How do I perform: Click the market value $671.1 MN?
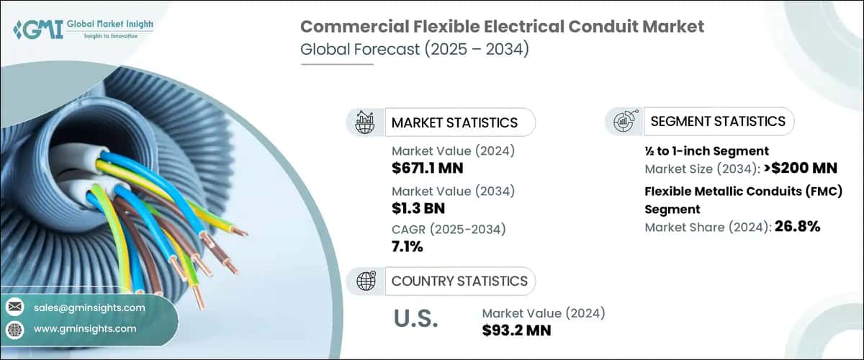coord(427,168)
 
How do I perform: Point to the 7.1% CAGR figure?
coord(408,247)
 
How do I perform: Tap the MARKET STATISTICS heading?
coord(454,122)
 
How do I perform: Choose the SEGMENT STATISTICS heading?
coord(718,121)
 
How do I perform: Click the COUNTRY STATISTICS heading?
coord(459,281)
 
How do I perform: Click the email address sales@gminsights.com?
coord(89,307)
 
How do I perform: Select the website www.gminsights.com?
coord(85,328)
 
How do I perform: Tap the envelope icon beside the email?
coord(14,307)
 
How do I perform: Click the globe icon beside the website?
coord(14,328)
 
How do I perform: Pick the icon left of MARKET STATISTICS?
coord(365,122)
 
